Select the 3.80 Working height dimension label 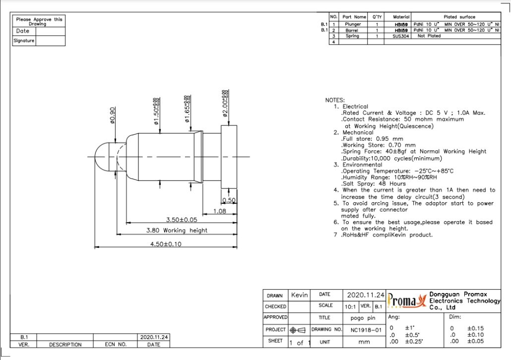(x=177, y=230)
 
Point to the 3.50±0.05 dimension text (x=181, y=219)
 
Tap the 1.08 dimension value (x=220, y=211)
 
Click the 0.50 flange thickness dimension (x=229, y=200)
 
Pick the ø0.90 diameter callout (x=112, y=116)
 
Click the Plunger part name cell (x=353, y=24)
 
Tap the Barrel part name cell (x=353, y=30)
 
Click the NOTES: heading (x=335, y=100)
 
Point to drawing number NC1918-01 (x=365, y=329)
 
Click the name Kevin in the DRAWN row (x=300, y=295)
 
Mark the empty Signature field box (x=50, y=41)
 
